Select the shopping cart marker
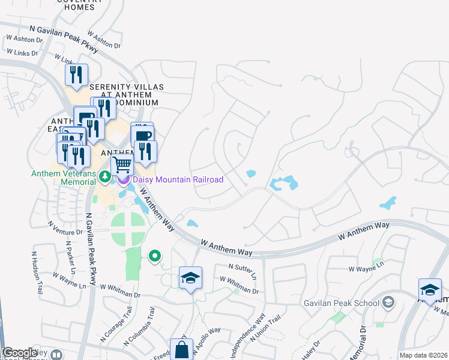pyautogui.click(x=122, y=163)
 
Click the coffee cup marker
pyautogui.click(x=142, y=135)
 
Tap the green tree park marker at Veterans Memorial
pyautogui.click(x=105, y=176)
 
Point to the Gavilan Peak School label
pyautogui.click(x=341, y=303)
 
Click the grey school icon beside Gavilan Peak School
pyautogui.click(x=388, y=301)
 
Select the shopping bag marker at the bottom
pyautogui.click(x=181, y=349)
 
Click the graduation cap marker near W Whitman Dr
pyautogui.click(x=190, y=278)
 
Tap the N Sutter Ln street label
pyautogui.click(x=243, y=270)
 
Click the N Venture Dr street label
pyautogui.click(x=64, y=227)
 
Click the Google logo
pyautogui.click(x=20, y=353)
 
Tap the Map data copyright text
pyautogui.click(x=423, y=355)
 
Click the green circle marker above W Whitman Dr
pyautogui.click(x=155, y=256)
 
